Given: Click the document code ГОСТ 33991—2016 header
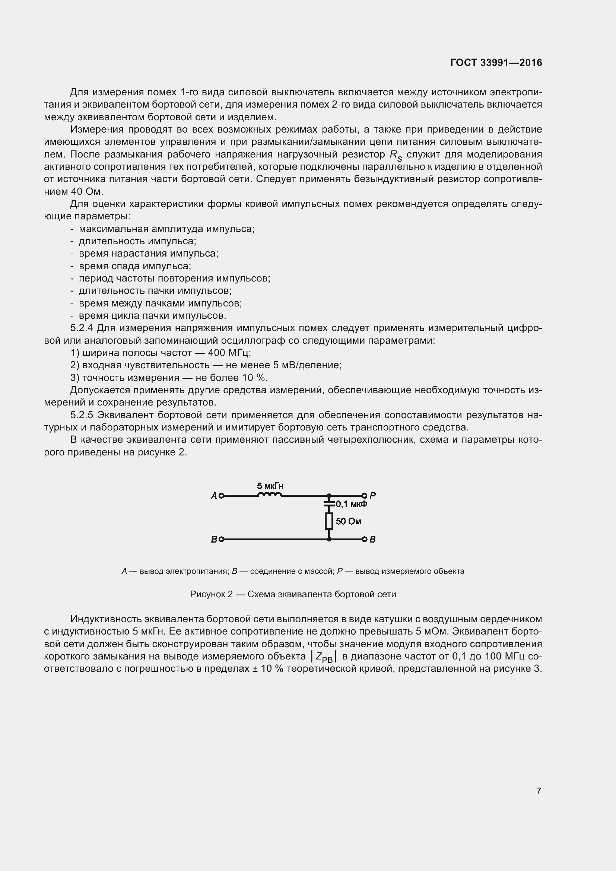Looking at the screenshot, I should point(496,63).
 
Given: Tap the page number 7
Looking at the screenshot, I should point(539,791).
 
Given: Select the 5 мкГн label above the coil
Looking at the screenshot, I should point(270,486).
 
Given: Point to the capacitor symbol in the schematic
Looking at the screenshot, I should point(329,504).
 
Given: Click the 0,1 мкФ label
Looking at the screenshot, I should point(351,504).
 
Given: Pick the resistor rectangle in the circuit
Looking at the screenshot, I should point(329,521).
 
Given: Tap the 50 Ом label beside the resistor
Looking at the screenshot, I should point(348,522).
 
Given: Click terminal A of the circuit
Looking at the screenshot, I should point(222,495).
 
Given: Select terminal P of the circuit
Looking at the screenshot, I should point(364,495).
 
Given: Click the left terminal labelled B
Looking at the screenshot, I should point(222,539).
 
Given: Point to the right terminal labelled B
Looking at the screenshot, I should point(364,539).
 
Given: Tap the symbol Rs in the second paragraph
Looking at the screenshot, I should point(396,155).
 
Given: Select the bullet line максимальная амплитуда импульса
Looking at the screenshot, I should point(166,229).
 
